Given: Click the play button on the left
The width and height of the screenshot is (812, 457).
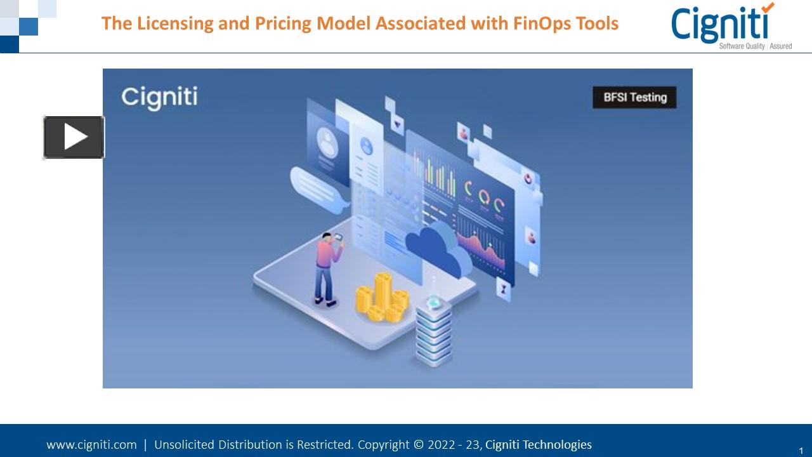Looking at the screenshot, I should (x=74, y=137).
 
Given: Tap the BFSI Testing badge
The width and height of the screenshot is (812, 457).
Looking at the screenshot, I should (x=634, y=98).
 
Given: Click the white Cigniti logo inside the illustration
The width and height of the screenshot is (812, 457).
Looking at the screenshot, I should (x=159, y=97).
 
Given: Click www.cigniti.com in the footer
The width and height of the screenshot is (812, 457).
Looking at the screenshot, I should (x=91, y=445).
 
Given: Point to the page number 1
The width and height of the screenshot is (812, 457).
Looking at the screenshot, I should (x=801, y=451).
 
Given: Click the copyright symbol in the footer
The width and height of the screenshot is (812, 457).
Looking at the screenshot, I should (x=419, y=445).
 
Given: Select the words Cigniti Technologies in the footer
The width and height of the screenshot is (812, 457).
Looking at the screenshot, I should (x=538, y=445).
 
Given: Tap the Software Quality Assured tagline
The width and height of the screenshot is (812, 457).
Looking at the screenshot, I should (x=755, y=46).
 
